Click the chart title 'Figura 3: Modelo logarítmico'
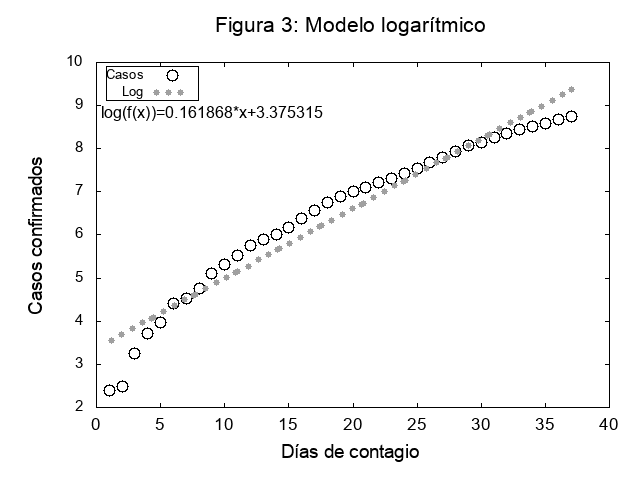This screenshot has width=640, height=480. [x=351, y=26]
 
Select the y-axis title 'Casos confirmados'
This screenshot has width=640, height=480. [x=36, y=234]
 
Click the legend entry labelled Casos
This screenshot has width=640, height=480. [x=125, y=75]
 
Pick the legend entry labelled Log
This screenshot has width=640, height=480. [x=132, y=92]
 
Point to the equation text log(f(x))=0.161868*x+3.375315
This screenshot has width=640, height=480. [x=211, y=113]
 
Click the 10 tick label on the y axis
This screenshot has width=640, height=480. [x=75, y=61]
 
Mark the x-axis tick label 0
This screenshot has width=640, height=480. [x=96, y=424]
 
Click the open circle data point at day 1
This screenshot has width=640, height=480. [x=109, y=390]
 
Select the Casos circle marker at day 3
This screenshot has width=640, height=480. [x=135, y=353]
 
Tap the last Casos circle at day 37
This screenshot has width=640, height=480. [x=571, y=117]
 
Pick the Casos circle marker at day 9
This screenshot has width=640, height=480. [x=212, y=273]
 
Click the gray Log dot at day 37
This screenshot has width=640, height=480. [x=571, y=89]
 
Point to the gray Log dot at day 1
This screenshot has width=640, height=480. [x=110, y=340]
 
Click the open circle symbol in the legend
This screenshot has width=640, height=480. [x=172, y=75]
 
